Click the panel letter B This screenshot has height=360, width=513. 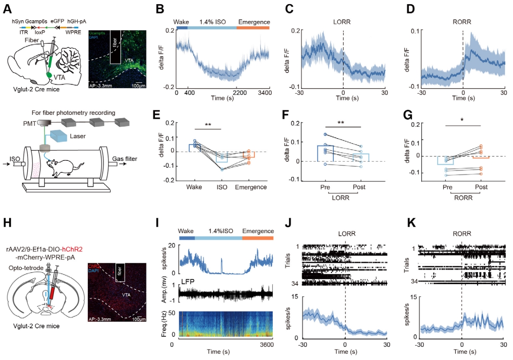[x=159, y=9]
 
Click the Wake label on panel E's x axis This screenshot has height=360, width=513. [x=194, y=187]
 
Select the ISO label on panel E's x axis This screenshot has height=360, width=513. [x=222, y=187]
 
